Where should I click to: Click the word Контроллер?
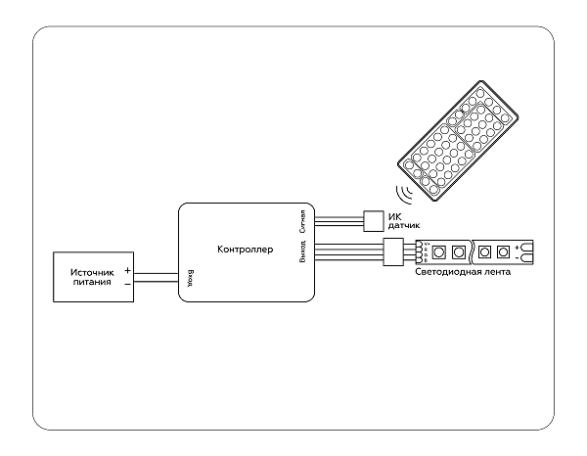246,250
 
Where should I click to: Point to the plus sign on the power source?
127,270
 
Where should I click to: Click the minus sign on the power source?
127,283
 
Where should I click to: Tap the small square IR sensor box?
374,219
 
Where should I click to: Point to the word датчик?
405,225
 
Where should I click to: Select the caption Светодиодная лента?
463,271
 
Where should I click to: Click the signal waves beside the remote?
402,190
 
